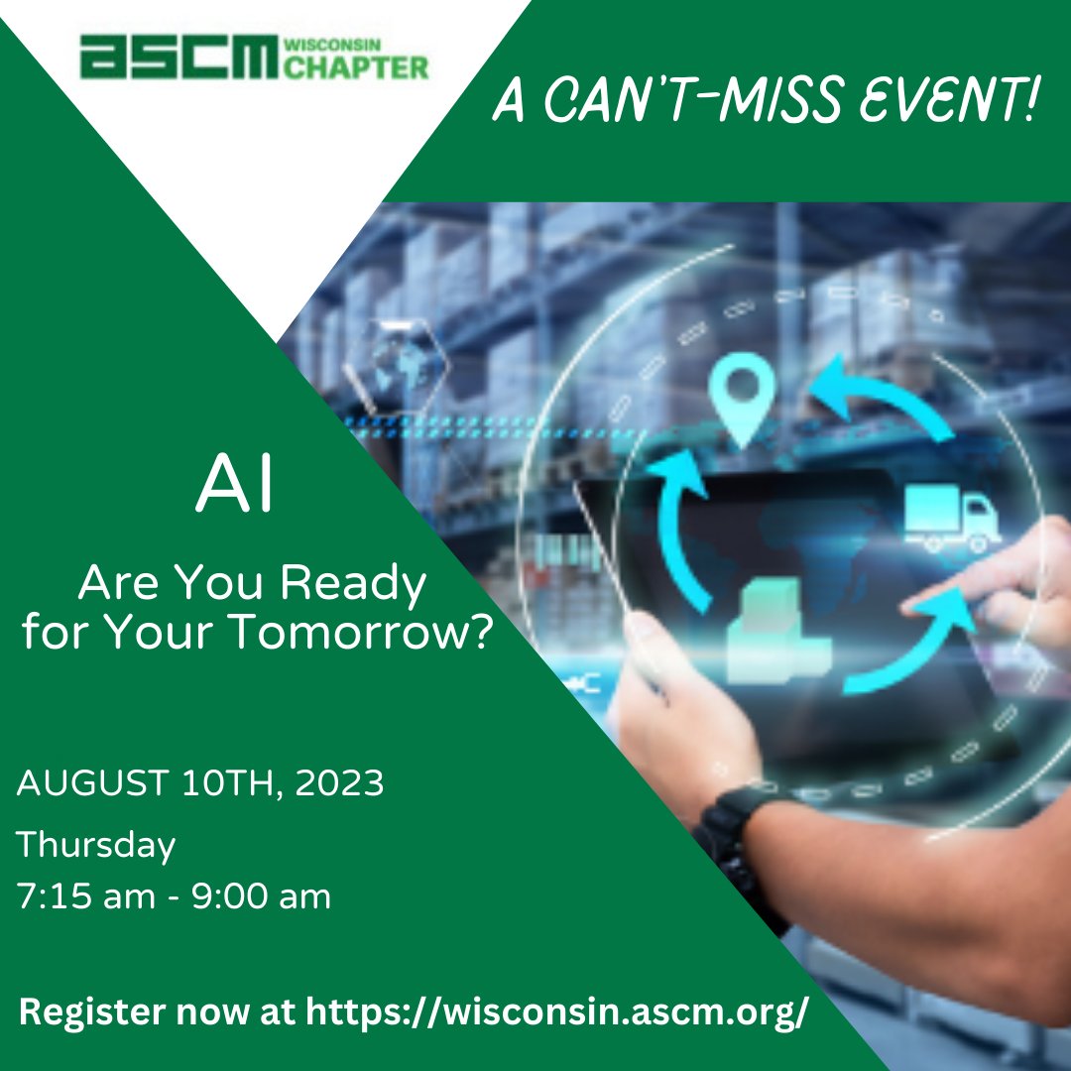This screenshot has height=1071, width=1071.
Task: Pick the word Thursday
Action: coord(96,846)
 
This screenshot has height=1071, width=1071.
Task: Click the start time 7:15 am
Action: coord(85,896)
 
